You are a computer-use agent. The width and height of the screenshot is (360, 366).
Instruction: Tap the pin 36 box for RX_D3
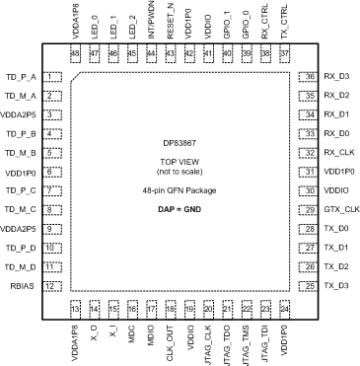[311, 77]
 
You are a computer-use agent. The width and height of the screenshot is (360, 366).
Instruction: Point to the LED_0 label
[95, 22]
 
